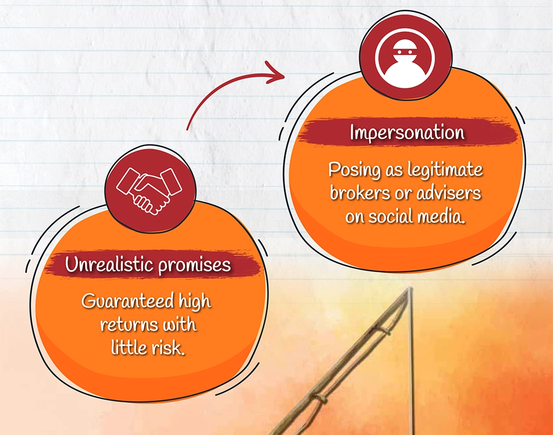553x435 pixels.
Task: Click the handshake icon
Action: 149,191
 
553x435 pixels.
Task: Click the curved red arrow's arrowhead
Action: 275,72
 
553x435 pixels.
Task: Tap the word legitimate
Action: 445,170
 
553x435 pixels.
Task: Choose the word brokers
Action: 362,193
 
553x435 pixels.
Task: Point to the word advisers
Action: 448,193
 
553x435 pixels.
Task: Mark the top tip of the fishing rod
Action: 409,288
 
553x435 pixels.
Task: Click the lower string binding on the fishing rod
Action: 319,398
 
